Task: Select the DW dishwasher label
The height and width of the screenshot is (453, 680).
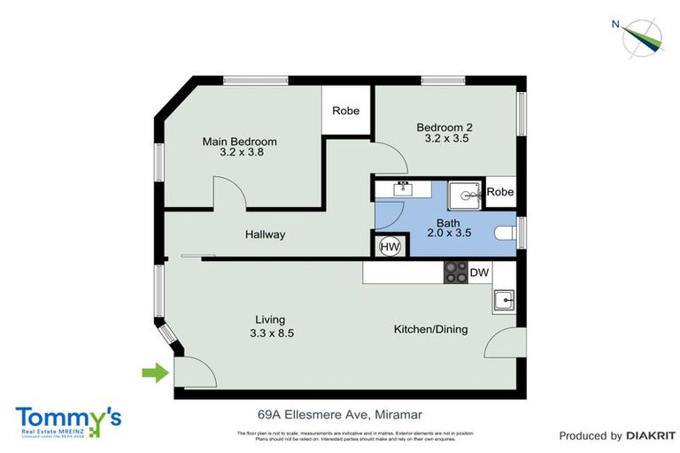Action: tap(479, 273)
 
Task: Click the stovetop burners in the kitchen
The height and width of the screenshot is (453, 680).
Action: tap(456, 273)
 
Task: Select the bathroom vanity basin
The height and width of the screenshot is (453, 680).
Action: tap(406, 188)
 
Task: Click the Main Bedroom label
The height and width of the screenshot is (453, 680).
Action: tap(239, 142)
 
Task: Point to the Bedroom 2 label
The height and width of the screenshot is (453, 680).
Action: tap(445, 127)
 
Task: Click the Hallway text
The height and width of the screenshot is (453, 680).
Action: tap(266, 234)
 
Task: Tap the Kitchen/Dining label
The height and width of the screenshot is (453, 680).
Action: tap(431, 329)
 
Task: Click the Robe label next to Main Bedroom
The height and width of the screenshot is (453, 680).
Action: tap(345, 111)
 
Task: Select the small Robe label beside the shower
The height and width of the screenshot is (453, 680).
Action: tap(500, 192)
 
